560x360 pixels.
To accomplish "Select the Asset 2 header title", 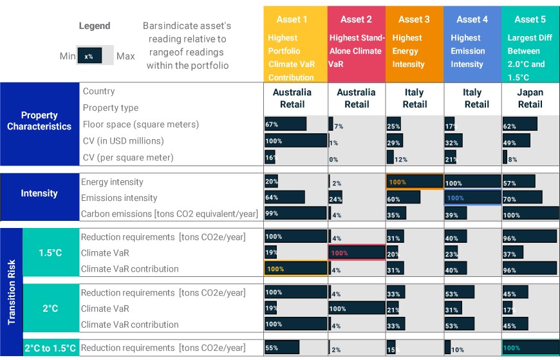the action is tap(356, 19).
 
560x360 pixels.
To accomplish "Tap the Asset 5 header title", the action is tap(530, 19).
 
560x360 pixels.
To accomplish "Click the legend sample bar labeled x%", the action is tap(89, 55).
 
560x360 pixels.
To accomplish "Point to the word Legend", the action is tap(95, 26).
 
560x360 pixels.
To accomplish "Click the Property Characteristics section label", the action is tap(39, 120).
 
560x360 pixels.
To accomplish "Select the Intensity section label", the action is tap(39, 193).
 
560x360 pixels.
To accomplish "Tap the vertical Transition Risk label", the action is tap(12, 292).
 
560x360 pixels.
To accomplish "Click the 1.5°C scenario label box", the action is tap(51, 252).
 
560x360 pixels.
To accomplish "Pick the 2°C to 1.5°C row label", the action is tap(50, 348).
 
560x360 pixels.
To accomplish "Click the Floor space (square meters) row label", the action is tap(141, 124).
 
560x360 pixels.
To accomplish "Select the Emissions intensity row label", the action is tap(119, 198).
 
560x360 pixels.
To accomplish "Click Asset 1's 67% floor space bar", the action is tap(285, 124).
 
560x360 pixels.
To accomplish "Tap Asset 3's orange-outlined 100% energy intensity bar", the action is tap(415, 182).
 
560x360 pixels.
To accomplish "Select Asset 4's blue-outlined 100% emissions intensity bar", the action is tap(472, 198).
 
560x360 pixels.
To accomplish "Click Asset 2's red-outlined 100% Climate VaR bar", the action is tap(357, 252).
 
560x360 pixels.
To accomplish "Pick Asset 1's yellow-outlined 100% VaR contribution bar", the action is tap(295, 269).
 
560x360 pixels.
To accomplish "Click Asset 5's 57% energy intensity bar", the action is tap(519, 181).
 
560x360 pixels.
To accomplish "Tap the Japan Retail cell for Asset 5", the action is tap(530, 99).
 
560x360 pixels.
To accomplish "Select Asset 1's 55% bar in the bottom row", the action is tap(282, 347).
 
